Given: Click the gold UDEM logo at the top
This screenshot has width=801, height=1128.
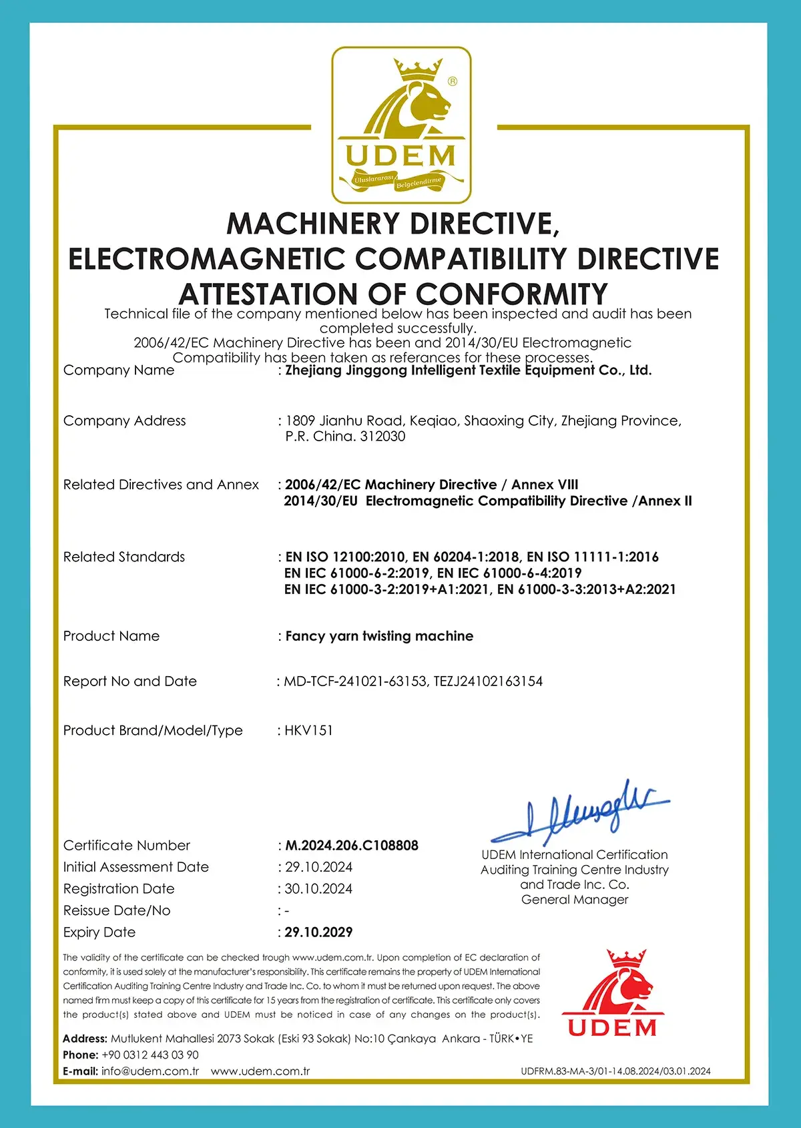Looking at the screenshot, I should click(x=401, y=125).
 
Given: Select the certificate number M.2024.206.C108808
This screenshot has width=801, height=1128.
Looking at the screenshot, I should click(x=352, y=846).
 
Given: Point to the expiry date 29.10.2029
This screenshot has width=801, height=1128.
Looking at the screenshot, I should click(x=318, y=932).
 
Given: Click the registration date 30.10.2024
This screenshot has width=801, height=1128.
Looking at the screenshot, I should click(x=318, y=889).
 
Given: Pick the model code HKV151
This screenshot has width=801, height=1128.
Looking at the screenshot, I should click(x=308, y=731).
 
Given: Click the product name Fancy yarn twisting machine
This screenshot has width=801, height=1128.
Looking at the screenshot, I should click(x=379, y=636).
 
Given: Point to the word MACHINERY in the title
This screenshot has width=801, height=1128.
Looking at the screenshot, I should click(x=313, y=224).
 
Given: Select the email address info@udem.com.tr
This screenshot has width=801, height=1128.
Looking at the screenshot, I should click(x=150, y=1071).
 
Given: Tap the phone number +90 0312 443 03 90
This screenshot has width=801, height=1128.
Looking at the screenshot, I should click(x=150, y=1055).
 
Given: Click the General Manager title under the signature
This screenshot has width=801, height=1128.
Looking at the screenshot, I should click(x=575, y=900).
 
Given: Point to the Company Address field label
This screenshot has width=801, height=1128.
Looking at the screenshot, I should click(x=125, y=421).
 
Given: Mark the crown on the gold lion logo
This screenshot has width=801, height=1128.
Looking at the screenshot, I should click(x=418, y=68).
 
